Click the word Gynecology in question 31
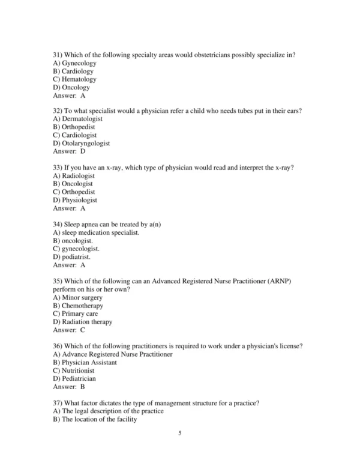(79, 63)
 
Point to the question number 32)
(59, 111)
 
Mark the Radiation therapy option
(86, 321)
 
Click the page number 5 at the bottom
(179, 449)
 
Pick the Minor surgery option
(81, 297)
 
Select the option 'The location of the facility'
(99, 419)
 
